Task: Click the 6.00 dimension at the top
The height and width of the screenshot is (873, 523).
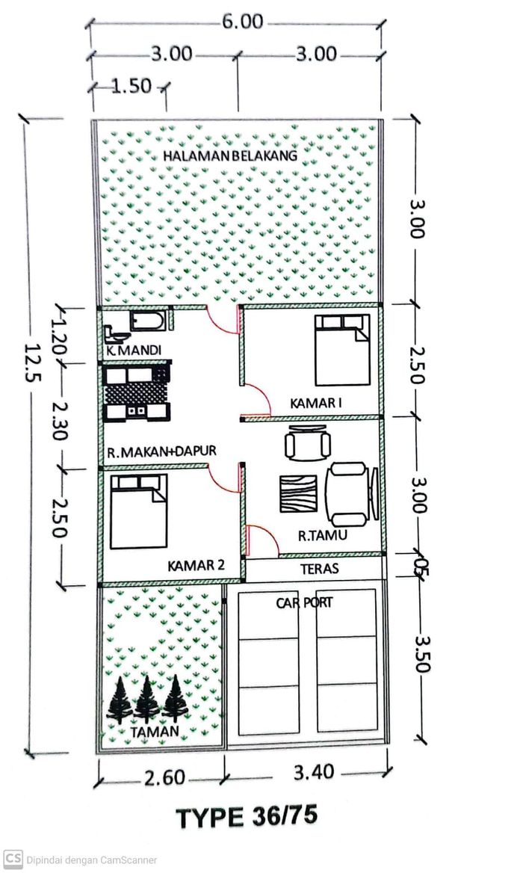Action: coord(243,22)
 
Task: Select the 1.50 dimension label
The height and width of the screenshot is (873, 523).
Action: coord(131,86)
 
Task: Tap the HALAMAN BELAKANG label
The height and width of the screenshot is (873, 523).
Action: coord(230,155)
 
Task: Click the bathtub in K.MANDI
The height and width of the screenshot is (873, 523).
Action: coord(148,321)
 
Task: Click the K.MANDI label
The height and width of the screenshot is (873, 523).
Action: coord(134,351)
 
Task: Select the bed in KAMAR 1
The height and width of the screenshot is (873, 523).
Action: coord(342,350)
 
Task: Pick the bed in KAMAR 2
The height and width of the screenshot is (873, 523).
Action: coord(138,512)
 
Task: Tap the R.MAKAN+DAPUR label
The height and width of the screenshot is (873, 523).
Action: coord(161,451)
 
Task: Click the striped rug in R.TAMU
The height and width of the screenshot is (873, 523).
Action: coord(298,493)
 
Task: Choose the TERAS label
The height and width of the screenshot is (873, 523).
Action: coord(319,569)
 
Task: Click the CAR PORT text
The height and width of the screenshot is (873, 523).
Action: coord(304,602)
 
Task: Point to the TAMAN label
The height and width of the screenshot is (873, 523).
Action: coord(155,732)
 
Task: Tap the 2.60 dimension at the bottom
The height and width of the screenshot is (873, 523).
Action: coord(164,778)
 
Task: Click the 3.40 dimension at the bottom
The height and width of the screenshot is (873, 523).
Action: coord(314,772)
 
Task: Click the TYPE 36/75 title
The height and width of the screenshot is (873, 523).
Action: coord(247,817)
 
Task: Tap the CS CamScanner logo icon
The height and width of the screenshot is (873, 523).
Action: coord(13,859)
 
